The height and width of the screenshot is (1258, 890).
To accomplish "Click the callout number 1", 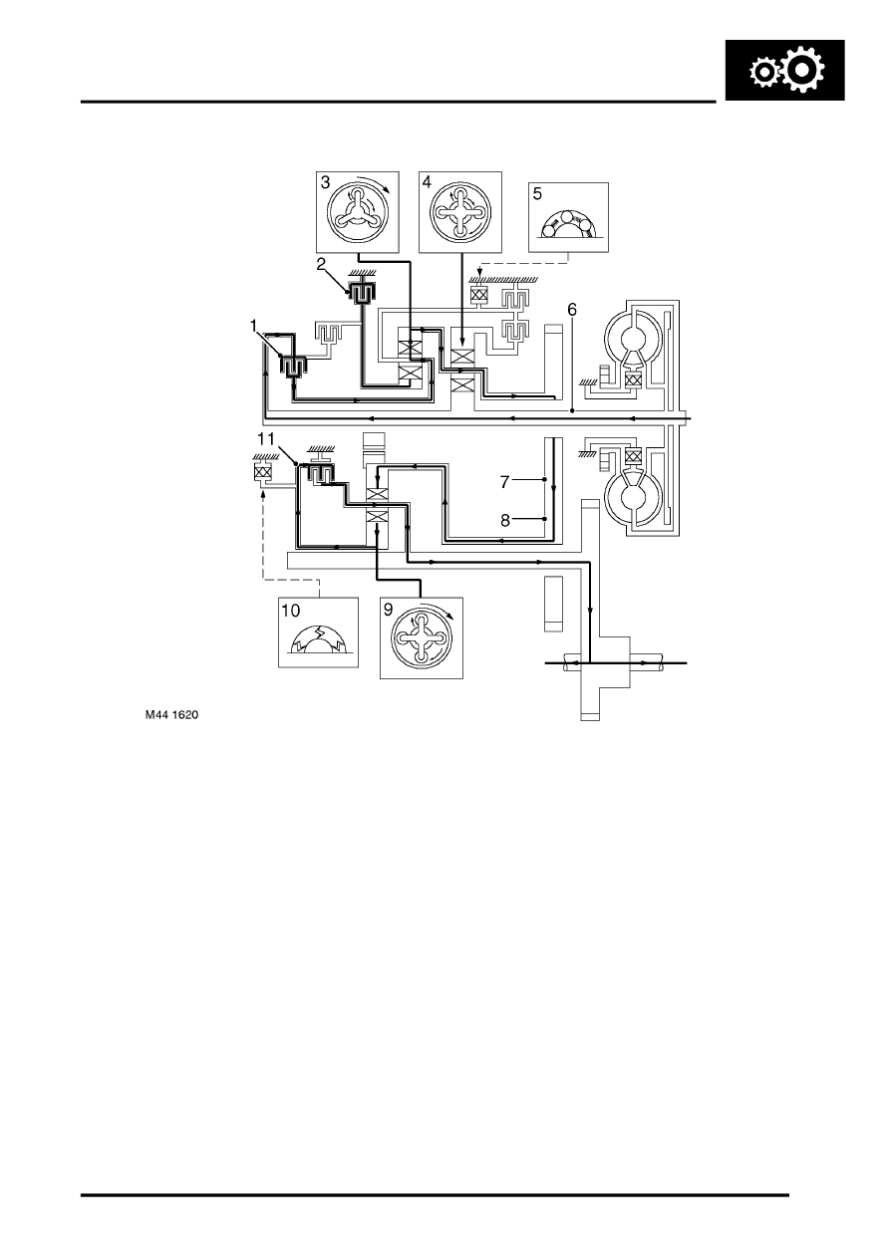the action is click(x=253, y=327).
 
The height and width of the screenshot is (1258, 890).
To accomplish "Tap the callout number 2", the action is click(x=321, y=264).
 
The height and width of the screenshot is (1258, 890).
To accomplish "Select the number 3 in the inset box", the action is click(x=325, y=182).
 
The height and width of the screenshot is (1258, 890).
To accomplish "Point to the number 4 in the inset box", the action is click(x=427, y=182).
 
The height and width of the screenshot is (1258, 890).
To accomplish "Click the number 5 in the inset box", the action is click(x=537, y=194).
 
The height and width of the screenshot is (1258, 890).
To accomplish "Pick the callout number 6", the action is click(x=571, y=310).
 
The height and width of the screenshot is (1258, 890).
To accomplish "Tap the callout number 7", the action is click(x=504, y=482).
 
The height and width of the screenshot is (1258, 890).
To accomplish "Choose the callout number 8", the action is click(x=505, y=521).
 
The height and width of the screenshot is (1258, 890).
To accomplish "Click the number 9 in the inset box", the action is click(x=389, y=610).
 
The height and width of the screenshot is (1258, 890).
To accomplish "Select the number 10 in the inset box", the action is click(x=291, y=611).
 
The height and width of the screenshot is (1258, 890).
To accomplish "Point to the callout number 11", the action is click(x=266, y=438).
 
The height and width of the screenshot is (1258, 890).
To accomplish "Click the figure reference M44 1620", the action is click(x=172, y=715).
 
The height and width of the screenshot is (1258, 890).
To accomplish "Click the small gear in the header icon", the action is click(x=763, y=73).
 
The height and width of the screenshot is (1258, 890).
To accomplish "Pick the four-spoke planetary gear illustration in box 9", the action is click(x=422, y=637).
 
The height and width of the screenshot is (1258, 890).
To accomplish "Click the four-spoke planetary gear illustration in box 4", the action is click(x=460, y=213).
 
